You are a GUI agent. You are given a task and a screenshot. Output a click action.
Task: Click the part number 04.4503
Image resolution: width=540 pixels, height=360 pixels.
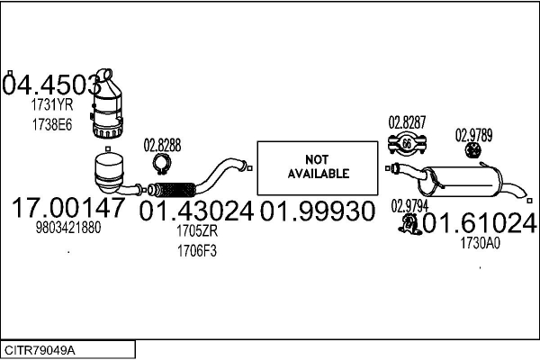[x=50, y=85]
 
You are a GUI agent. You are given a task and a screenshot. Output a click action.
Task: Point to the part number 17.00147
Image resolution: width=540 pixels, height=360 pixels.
[x=68, y=209]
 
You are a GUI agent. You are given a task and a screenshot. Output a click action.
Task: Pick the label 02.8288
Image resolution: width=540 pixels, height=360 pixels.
[x=162, y=145]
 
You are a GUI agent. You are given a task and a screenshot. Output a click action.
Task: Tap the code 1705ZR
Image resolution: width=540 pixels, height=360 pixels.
[x=197, y=232]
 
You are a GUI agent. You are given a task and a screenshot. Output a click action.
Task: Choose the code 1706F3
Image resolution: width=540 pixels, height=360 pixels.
[x=197, y=251]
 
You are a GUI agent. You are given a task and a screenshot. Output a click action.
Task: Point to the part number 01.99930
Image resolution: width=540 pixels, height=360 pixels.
[x=317, y=212]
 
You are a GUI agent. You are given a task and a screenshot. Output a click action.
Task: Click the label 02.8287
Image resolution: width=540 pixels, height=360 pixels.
[x=407, y=121]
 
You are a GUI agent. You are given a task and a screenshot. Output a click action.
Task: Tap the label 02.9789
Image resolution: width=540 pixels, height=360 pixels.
[x=473, y=136]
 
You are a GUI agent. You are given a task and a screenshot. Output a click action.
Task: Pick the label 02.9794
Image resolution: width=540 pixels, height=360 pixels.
[x=409, y=206]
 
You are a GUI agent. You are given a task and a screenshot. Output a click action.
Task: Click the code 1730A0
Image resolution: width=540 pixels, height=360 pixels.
[x=480, y=242]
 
